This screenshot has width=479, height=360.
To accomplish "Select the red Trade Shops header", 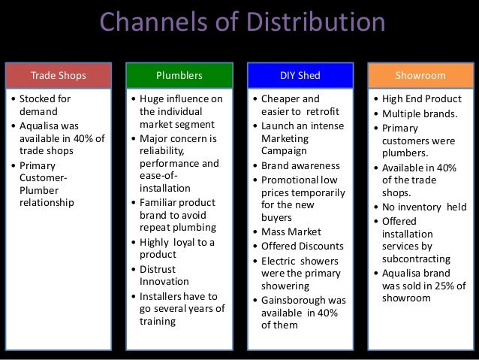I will pos(58,75).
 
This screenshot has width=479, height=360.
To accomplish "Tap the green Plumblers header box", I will pos(178,75).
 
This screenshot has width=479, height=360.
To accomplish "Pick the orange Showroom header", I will pos(420,75).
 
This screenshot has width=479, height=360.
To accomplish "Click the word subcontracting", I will pos(417,259).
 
